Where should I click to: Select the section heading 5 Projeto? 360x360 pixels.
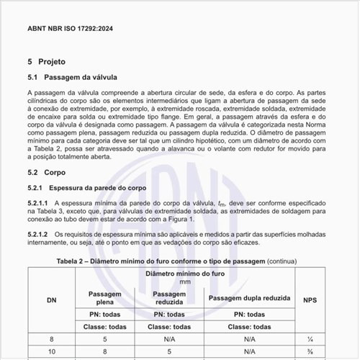(x=50, y=62)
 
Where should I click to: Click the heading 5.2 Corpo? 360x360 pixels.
(x=46, y=173)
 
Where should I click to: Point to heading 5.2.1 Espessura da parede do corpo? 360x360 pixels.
(x=86, y=188)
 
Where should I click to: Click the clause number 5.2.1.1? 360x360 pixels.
(x=38, y=204)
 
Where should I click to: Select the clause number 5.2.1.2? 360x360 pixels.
(x=38, y=235)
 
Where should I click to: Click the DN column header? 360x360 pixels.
(x=52, y=300)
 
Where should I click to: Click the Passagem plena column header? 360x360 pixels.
(x=104, y=298)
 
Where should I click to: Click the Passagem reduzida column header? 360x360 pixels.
(x=170, y=298)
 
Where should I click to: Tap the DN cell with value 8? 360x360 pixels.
(x=52, y=338)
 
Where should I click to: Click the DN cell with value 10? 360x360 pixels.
(x=52, y=352)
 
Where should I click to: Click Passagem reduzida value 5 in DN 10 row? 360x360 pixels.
(x=170, y=352)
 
